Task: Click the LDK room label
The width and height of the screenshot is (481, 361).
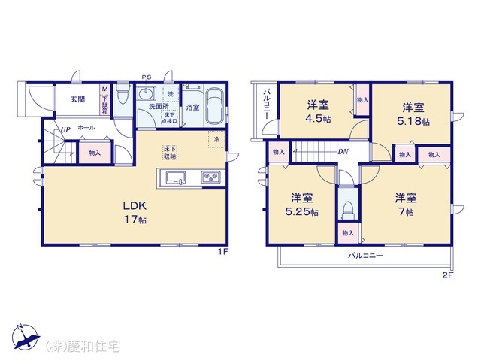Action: point(135,205)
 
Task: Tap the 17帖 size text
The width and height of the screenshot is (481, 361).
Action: point(135,220)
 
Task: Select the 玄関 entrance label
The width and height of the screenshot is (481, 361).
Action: point(77,99)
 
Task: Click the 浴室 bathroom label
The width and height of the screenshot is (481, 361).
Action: point(193,108)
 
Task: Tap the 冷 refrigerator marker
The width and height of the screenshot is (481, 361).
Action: point(216,139)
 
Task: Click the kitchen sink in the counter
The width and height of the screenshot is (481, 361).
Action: point(175,178)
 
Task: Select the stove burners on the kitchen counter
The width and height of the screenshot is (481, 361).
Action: point(209,178)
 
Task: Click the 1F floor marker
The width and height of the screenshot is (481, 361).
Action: point(223,251)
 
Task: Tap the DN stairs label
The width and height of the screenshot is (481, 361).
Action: point(343,152)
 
